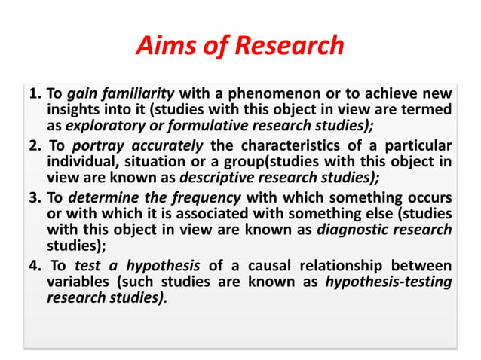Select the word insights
point(72,111)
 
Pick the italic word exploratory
point(100,127)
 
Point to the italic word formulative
point(198,127)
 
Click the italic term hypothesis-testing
point(388,282)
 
